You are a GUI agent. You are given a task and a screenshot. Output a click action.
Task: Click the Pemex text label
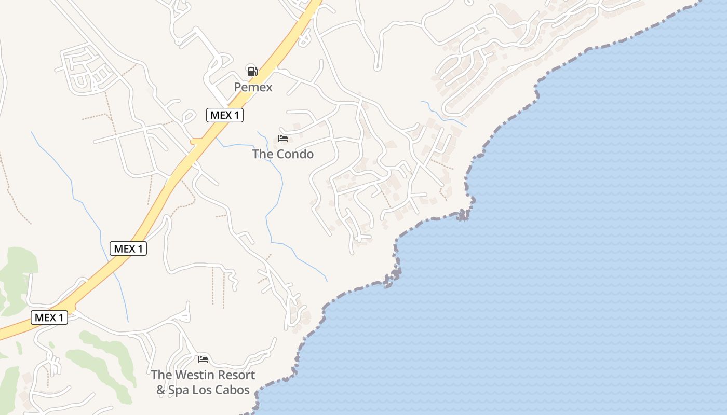tap(253, 87)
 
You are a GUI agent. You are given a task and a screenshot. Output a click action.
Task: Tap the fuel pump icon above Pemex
tap(252, 71)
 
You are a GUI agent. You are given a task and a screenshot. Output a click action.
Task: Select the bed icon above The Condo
tap(283, 138)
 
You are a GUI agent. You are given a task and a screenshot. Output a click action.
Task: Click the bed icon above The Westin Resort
tap(203, 359)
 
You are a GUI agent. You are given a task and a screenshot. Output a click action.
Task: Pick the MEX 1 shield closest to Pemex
tap(225, 115)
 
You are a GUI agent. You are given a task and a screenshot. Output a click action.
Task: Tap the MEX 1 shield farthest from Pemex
tap(49, 317)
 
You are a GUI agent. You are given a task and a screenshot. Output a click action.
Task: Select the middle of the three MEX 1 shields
tap(128, 248)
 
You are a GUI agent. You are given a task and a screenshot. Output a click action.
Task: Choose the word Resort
tap(236, 375)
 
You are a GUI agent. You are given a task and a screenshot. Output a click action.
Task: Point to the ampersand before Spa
tap(161, 390)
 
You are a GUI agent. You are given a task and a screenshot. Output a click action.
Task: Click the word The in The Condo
tap(262, 154)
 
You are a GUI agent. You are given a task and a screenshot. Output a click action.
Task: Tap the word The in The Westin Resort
tap(161, 375)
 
